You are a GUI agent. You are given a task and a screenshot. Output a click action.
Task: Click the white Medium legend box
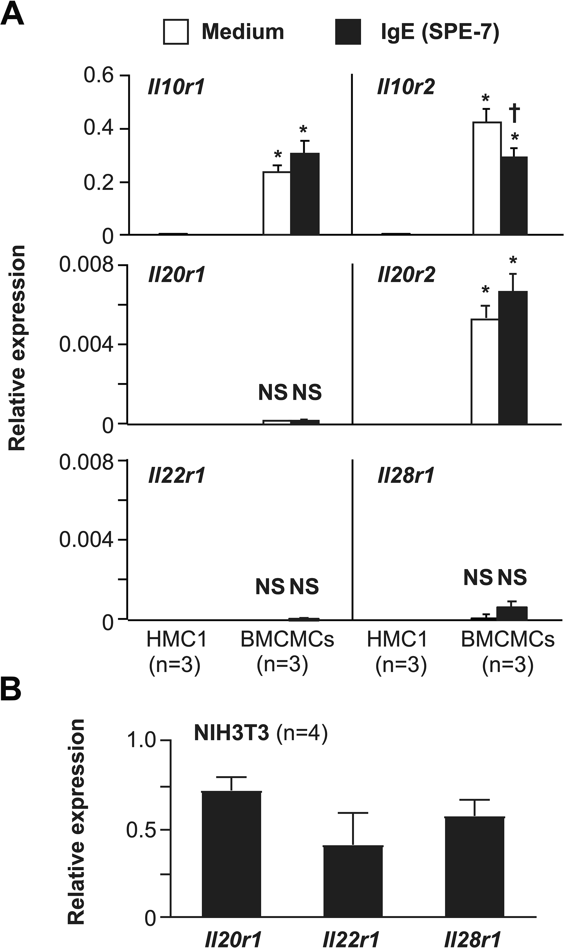pyautogui.click(x=176, y=32)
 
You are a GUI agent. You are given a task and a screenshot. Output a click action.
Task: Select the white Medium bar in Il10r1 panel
pyautogui.click(x=277, y=203)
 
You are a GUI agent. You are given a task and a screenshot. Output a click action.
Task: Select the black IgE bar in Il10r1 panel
pyautogui.click(x=305, y=194)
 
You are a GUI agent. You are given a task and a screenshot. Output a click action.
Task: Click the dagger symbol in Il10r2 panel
pyautogui.click(x=515, y=114)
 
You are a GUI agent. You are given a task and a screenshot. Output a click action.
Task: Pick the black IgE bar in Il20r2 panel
pyautogui.click(x=513, y=357)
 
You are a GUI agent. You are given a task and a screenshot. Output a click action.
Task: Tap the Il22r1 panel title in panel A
pyautogui.click(x=177, y=475)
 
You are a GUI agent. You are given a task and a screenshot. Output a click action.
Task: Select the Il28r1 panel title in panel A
pyautogui.click(x=406, y=475)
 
